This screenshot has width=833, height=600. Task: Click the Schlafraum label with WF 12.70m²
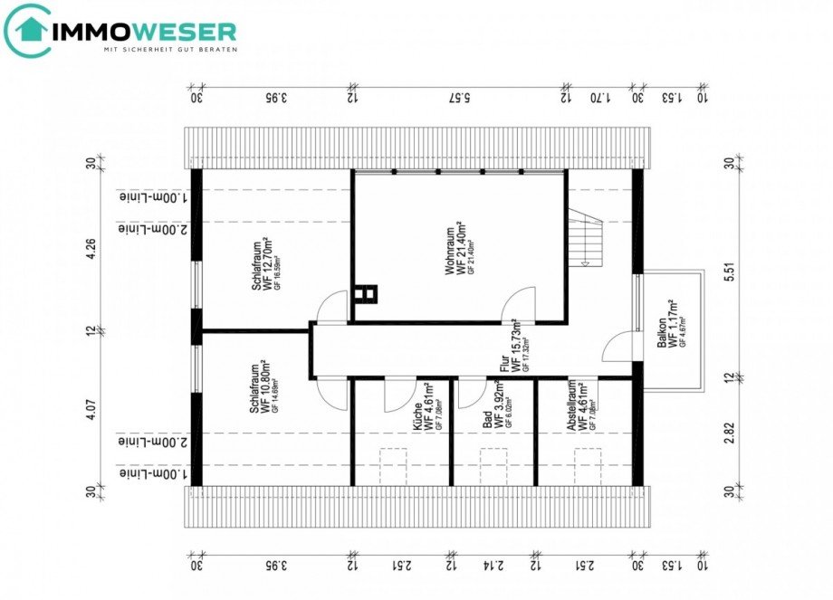(263, 263)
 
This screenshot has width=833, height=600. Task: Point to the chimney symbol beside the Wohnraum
(366, 294)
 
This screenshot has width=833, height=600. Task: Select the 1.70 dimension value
(601, 98)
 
